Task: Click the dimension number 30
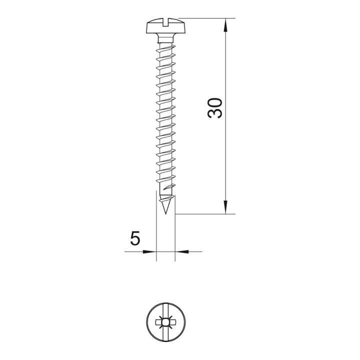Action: tap(215, 108)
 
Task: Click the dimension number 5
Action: tap(135, 238)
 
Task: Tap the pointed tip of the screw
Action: tap(165, 213)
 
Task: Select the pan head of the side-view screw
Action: tap(166, 26)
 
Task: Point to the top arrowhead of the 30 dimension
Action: tap(226, 24)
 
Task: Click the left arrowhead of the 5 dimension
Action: tap(149, 251)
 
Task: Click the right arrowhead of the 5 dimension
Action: tap(182, 251)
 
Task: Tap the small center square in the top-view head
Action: tap(165, 322)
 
